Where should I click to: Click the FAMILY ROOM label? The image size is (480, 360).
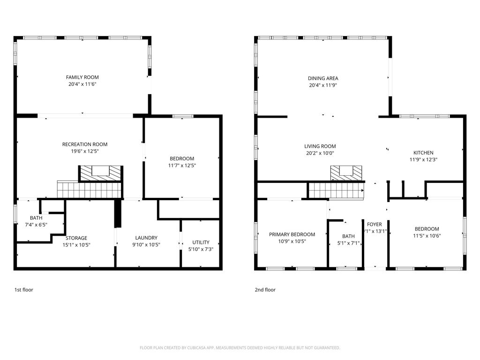click(x=82, y=77)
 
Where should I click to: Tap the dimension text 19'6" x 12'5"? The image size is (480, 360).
click(x=85, y=151)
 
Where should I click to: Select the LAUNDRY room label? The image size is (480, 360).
click(x=146, y=238)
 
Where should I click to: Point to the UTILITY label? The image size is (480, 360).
click(x=201, y=242)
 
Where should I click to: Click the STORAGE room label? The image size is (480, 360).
click(x=76, y=238)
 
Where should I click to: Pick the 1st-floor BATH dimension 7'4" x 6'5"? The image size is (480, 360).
click(x=36, y=225)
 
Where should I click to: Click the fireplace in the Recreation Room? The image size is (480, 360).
click(x=101, y=173)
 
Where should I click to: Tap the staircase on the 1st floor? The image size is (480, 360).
click(x=90, y=189)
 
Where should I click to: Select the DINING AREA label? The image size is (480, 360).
click(x=323, y=78)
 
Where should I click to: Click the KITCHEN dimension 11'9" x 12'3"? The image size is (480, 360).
click(x=423, y=159)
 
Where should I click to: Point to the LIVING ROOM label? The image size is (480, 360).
click(x=320, y=146)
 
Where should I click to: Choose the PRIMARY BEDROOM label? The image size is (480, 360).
click(x=292, y=234)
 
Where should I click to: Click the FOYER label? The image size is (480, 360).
click(x=375, y=225)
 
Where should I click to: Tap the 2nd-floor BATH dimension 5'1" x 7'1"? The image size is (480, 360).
click(x=348, y=243)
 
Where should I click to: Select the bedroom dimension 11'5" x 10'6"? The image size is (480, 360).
click(x=427, y=236)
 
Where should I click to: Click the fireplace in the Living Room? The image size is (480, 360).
click(x=346, y=173)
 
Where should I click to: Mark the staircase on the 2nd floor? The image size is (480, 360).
click(x=336, y=190)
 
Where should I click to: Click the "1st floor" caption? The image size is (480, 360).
click(x=24, y=290)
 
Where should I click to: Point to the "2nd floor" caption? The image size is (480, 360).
click(x=265, y=290)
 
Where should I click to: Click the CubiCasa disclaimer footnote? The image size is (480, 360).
click(x=240, y=348)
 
